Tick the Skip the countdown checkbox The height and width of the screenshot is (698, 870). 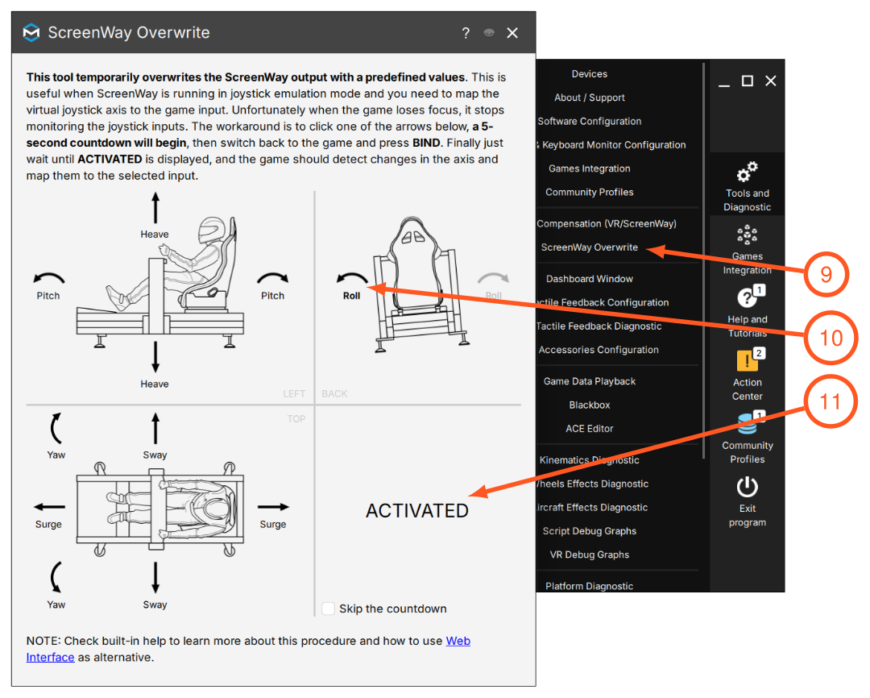(329, 609)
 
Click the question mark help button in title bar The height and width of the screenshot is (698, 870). (466, 33)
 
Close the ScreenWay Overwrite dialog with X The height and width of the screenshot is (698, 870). (512, 33)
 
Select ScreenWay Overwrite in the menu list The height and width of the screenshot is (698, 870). (589, 247)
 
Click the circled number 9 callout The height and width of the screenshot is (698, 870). (826, 274)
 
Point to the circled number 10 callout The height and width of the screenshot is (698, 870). (831, 338)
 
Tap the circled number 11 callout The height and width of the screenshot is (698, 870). (830, 401)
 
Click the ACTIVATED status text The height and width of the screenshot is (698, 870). (417, 511)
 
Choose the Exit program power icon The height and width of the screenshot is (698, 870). (748, 487)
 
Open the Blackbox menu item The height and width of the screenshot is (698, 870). (589, 405)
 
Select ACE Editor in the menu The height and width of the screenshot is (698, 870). (589, 429)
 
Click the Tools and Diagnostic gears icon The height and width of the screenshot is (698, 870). (748, 172)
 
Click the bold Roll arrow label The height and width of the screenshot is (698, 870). (351, 296)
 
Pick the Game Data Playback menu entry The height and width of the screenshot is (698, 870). (589, 381)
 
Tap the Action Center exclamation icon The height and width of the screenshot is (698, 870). (747, 361)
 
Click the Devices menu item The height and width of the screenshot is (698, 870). (589, 74)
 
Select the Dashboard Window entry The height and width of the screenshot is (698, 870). (589, 279)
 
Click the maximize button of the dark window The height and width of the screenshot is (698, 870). (748, 81)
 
